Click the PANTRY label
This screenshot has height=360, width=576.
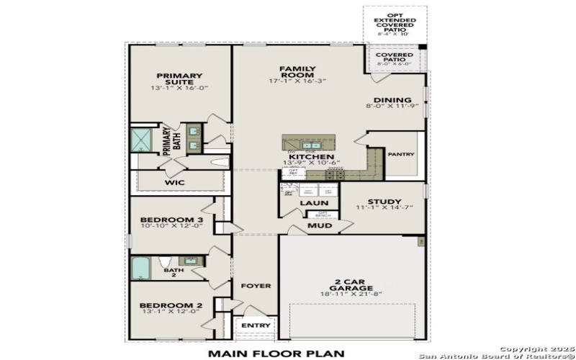(x=400, y=154)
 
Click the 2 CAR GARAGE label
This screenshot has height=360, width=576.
(x=347, y=284)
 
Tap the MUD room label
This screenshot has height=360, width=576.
(x=320, y=225)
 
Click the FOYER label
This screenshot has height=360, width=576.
(x=256, y=286)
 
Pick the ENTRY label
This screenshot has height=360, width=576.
(x=256, y=325)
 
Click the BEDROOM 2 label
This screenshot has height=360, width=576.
(x=171, y=305)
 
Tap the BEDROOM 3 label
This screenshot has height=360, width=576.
(x=171, y=220)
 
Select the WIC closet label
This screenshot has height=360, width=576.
(x=175, y=183)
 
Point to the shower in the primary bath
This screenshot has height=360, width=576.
(x=143, y=140)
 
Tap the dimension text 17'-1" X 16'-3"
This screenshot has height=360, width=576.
(x=297, y=81)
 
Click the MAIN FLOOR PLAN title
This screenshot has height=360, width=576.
(x=276, y=354)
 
